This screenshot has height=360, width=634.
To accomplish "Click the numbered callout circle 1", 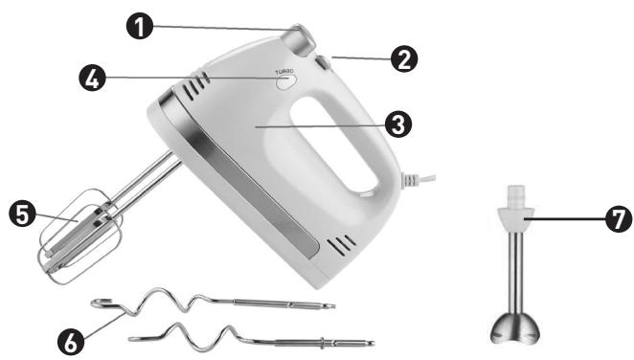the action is (140, 26).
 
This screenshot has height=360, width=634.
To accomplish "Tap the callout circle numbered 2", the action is (403, 59).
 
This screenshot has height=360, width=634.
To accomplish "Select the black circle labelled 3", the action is (398, 124).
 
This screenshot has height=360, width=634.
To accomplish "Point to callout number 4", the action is (92, 78).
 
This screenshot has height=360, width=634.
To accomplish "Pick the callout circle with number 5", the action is (22, 214).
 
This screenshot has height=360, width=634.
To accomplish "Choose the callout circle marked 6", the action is (71, 343).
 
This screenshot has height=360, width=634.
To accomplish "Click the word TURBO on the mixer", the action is (284, 72).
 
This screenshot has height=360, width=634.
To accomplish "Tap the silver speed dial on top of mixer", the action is (302, 40).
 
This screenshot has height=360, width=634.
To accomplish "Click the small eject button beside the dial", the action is (323, 62).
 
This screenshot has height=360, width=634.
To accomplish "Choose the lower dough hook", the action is (252, 339).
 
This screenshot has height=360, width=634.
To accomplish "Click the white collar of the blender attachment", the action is (515, 214).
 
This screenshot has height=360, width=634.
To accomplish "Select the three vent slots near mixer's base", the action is (341, 244).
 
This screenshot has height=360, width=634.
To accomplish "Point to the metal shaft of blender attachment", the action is (515, 274).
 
